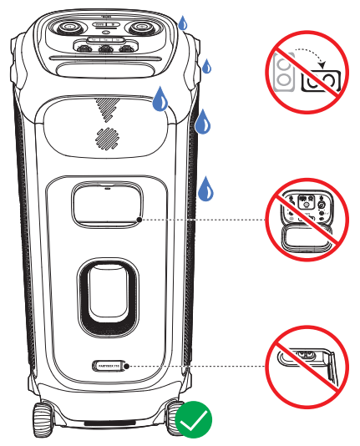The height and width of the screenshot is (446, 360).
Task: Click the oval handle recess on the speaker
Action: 104,296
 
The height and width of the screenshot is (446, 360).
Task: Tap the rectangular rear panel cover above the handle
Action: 105,204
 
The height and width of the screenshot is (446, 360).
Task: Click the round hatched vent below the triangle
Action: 105,138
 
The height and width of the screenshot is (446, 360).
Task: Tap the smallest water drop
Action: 207,66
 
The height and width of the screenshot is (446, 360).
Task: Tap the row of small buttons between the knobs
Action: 104,48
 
